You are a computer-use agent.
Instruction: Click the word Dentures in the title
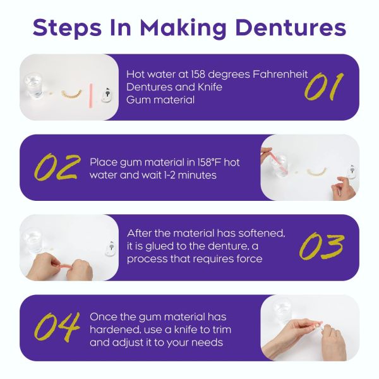tap(291, 28)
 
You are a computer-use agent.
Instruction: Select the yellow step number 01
tap(323, 87)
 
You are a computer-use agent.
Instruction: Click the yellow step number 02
tap(57, 167)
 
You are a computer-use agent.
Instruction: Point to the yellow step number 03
tap(322, 246)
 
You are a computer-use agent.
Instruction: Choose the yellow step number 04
tap(57, 327)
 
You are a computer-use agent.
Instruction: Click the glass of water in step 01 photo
tap(35, 86)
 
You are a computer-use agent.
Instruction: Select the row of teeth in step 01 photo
tap(71, 94)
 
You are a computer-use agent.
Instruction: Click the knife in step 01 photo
tap(107, 95)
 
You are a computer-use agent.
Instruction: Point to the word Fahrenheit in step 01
tap(280, 74)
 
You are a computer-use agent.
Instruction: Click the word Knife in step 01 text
tap(210, 87)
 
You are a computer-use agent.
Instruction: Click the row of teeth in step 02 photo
tap(317, 171)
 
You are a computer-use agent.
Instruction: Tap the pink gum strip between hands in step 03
tap(65, 267)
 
